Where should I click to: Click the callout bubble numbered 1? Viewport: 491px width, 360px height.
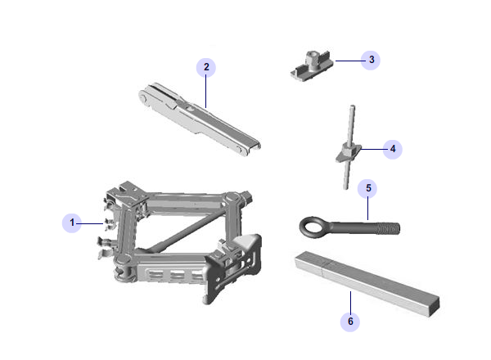point(72,223)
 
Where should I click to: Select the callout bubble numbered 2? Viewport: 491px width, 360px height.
point(206,67)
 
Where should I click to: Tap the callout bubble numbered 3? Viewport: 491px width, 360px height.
point(371,60)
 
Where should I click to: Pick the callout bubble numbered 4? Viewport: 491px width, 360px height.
point(393,150)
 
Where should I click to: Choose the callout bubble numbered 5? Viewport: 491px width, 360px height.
point(367,188)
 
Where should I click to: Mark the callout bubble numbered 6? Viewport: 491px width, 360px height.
point(350,322)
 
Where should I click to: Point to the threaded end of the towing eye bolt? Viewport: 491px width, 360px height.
point(389,228)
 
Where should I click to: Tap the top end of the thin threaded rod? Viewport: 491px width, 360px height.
point(352,106)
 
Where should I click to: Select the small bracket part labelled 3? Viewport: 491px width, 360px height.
point(312,65)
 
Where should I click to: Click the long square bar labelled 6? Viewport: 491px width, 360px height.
point(367,284)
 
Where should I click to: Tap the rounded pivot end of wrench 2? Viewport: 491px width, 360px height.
point(143,97)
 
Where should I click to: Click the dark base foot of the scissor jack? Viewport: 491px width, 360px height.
point(233,268)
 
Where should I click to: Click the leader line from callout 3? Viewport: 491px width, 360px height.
point(349,61)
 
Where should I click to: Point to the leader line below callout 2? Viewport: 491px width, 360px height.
point(205,92)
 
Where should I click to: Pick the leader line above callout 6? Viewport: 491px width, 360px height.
point(350,302)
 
